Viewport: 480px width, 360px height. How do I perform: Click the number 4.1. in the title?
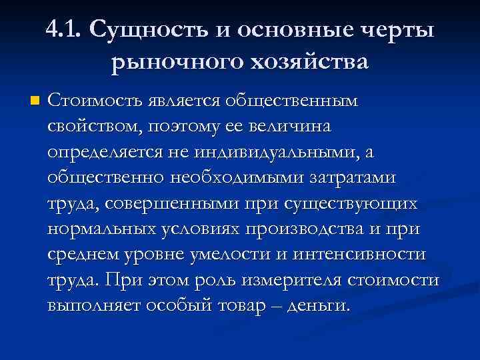pyautogui.click(x=64, y=31)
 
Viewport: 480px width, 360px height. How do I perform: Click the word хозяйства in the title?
pyautogui.click(x=307, y=63)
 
